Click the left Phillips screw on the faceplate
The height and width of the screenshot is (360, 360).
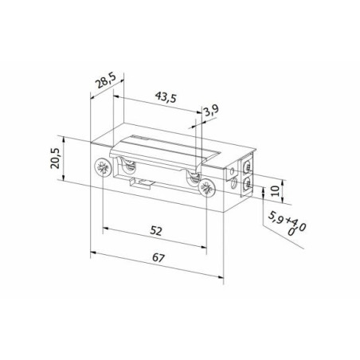(x=102, y=168)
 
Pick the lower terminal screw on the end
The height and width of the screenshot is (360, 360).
(x=248, y=190)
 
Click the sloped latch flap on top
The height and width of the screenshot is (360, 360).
(x=167, y=151)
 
